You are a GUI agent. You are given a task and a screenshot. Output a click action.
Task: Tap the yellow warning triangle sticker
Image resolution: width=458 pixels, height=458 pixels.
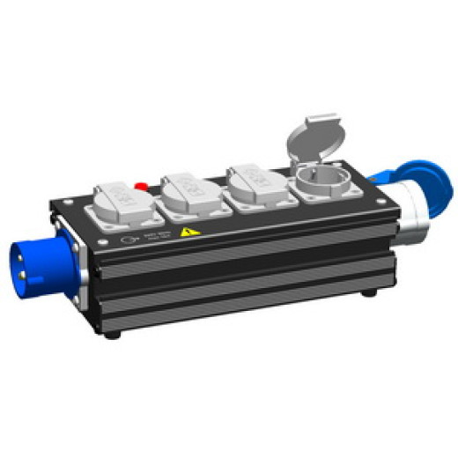click(187, 233)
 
